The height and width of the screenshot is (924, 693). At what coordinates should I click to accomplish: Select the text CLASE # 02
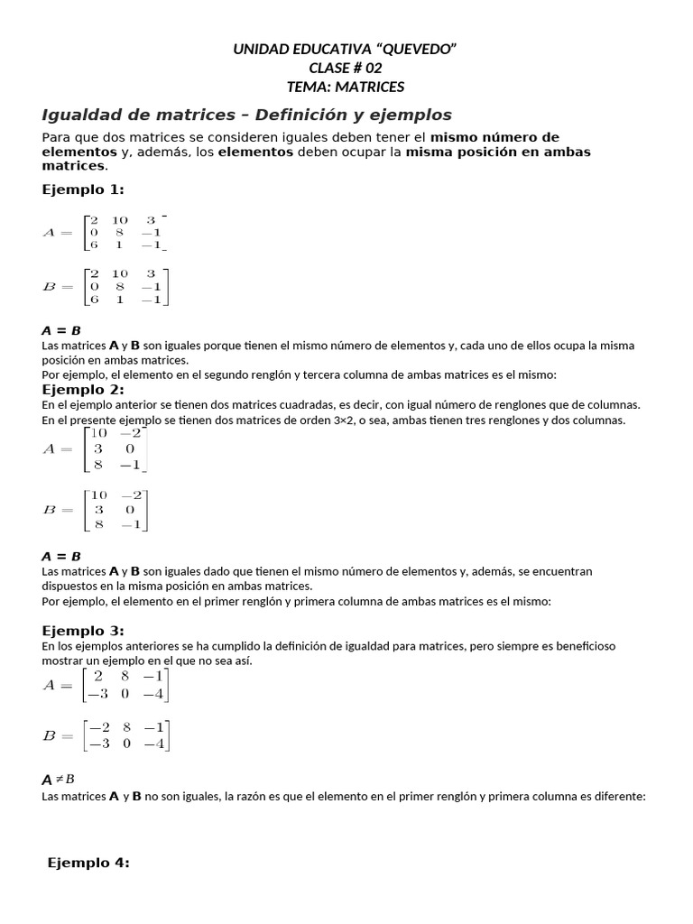[x=346, y=68]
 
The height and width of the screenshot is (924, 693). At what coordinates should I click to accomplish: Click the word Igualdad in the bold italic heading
[x=80, y=115]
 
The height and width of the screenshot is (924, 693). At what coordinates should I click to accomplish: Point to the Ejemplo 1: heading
[x=83, y=189]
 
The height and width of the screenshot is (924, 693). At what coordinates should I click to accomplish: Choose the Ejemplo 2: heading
[x=83, y=389]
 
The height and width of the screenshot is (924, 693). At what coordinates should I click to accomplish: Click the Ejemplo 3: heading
[x=83, y=630]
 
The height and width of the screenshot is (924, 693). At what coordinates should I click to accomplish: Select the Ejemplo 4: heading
[x=88, y=863]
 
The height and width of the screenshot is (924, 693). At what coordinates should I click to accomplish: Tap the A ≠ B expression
[x=59, y=780]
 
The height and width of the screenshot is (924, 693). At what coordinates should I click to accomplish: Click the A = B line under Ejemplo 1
[x=61, y=330]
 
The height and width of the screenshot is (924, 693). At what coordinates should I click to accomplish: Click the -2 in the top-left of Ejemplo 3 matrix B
[x=98, y=727]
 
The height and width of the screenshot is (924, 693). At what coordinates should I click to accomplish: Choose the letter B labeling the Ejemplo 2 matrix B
[x=49, y=510]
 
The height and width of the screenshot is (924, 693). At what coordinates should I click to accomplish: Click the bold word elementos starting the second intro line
[x=72, y=152]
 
